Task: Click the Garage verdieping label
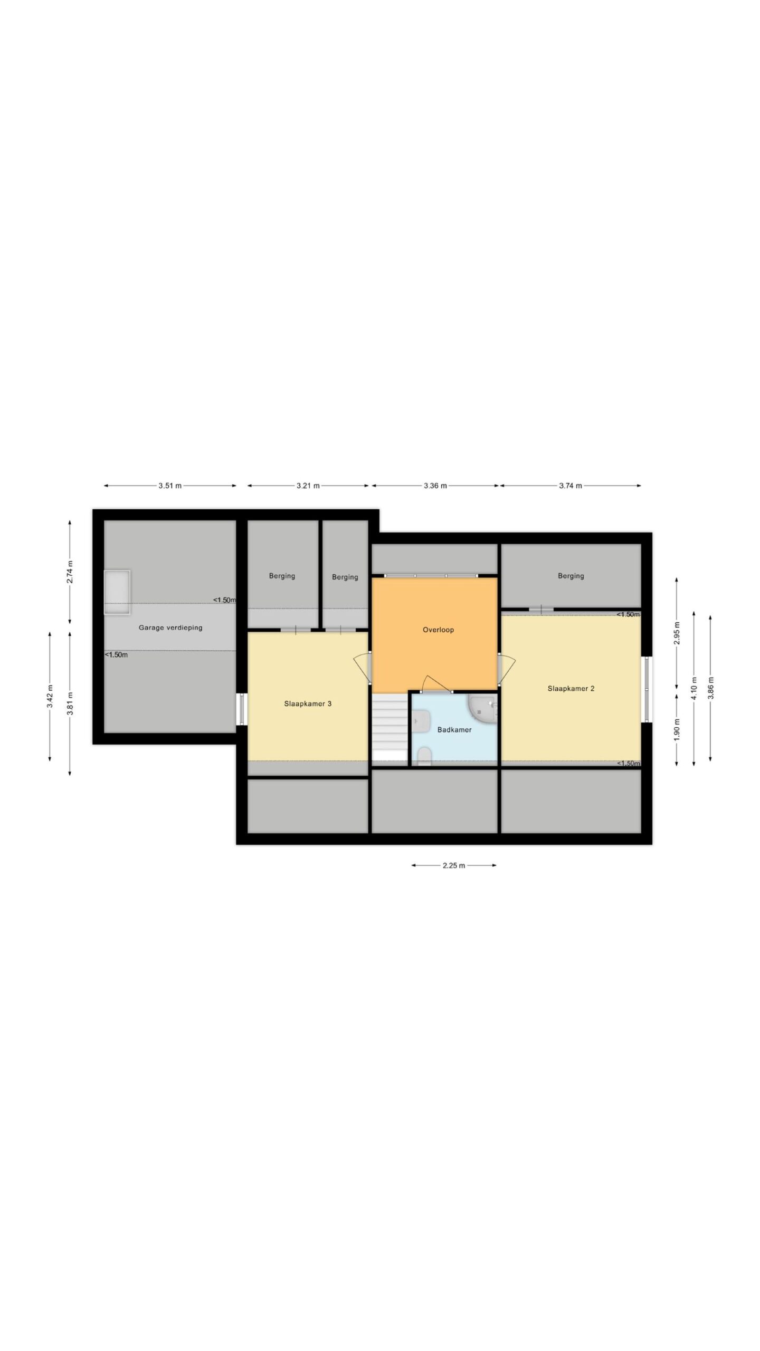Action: pyautogui.click(x=170, y=627)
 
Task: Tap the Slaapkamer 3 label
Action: pyautogui.click(x=308, y=703)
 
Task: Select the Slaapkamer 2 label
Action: pyautogui.click(x=571, y=688)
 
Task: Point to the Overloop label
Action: pyautogui.click(x=438, y=630)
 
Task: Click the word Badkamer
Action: pyautogui.click(x=454, y=730)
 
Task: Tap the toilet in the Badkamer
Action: pyautogui.click(x=424, y=756)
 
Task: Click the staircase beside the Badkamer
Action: pyautogui.click(x=391, y=729)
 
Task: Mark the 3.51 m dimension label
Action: pyautogui.click(x=170, y=486)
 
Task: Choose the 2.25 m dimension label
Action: pyautogui.click(x=454, y=865)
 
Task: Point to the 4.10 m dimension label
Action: pyautogui.click(x=693, y=688)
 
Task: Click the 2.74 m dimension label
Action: pyautogui.click(x=70, y=571)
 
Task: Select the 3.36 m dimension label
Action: pyautogui.click(x=435, y=486)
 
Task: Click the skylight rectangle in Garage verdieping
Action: pyautogui.click(x=117, y=592)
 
